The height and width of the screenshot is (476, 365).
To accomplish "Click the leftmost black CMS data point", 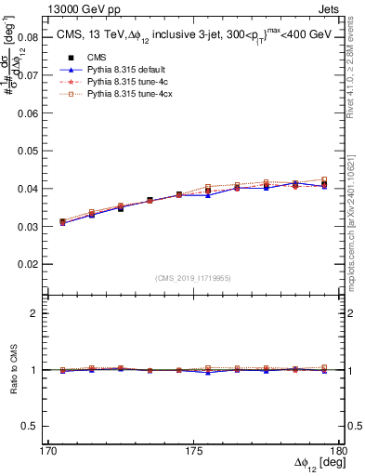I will point(63,222).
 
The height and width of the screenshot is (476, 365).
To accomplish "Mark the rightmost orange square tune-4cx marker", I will point(324,179).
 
